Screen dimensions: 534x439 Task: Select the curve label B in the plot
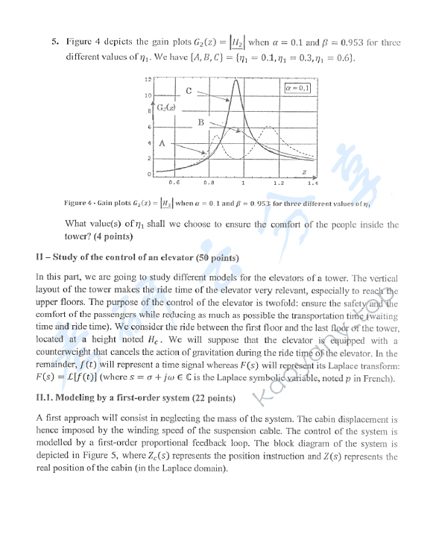pyautogui.click(x=200, y=122)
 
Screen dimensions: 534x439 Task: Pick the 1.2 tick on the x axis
pyautogui.click(x=279, y=181)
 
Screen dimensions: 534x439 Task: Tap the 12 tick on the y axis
pyautogui.click(x=147, y=80)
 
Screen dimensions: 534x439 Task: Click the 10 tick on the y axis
pyautogui.click(x=147, y=95)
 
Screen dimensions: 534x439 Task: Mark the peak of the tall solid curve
pyautogui.click(x=237, y=80)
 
